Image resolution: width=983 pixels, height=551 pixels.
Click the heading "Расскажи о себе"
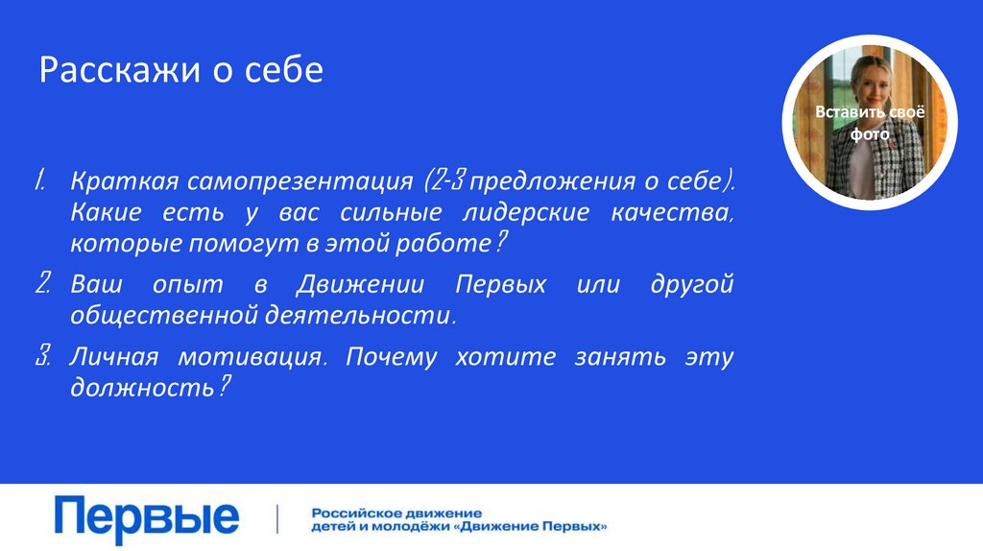180,71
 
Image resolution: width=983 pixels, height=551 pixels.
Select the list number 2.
43,284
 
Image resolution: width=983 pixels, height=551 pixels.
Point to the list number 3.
43,357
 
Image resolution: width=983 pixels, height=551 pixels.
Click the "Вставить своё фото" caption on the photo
868,123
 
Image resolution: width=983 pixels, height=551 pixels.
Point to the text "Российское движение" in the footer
396,513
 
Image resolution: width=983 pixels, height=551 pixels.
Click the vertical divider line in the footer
277,518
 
